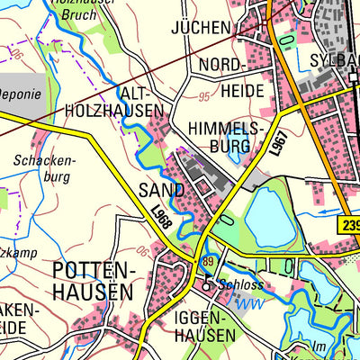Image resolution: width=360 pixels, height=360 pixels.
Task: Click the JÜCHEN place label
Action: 200,28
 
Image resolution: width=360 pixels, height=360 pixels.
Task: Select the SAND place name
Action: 162,190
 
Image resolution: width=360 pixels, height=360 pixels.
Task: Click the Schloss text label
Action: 244,285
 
